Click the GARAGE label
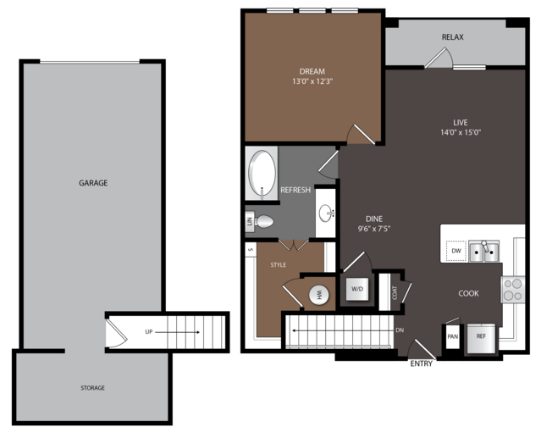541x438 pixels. click(x=93, y=183)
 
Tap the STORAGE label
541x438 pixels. click(x=93, y=388)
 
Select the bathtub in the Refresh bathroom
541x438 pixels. click(x=262, y=174)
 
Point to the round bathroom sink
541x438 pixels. click(x=326, y=213)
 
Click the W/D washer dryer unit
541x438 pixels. click(x=357, y=289)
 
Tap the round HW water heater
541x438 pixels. click(x=318, y=295)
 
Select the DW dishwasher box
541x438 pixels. click(x=455, y=251)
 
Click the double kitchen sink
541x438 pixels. click(x=483, y=252)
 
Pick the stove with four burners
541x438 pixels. click(x=513, y=290)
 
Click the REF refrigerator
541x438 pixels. click(x=481, y=338)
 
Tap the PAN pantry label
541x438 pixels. click(x=452, y=336)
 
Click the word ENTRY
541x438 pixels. click(x=422, y=363)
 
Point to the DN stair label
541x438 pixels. click(x=400, y=330)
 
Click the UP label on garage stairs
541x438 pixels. click(x=149, y=332)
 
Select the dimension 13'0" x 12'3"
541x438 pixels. click(x=312, y=81)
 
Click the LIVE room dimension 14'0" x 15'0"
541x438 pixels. click(x=461, y=132)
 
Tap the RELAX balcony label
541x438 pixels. click(x=453, y=37)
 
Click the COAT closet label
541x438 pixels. click(x=395, y=292)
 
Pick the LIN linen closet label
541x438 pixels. click(x=249, y=221)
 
